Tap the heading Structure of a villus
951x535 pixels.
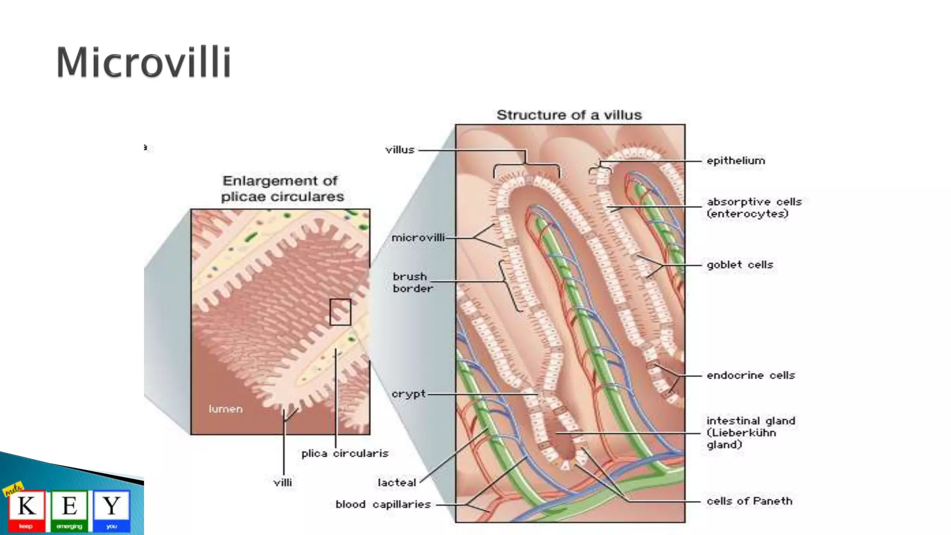point(569,115)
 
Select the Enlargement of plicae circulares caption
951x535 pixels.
point(282,189)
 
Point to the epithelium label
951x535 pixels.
point(736,161)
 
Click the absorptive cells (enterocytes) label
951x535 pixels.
point(754,208)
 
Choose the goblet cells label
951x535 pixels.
point(740,265)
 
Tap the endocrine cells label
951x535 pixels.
point(751,375)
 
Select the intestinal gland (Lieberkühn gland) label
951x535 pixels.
point(750,432)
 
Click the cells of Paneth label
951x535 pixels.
point(749,501)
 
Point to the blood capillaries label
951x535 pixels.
point(383,504)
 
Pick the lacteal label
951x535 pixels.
point(397,483)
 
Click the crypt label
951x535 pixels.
point(408,394)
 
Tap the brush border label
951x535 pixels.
point(412,282)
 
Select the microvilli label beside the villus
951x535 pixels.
point(418,238)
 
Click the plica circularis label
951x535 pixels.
point(345,453)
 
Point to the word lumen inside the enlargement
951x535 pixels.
point(226,409)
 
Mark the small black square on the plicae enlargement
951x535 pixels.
point(340,312)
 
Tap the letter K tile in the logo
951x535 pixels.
point(26,510)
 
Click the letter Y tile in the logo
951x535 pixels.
point(111,510)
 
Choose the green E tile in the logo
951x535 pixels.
point(69,510)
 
